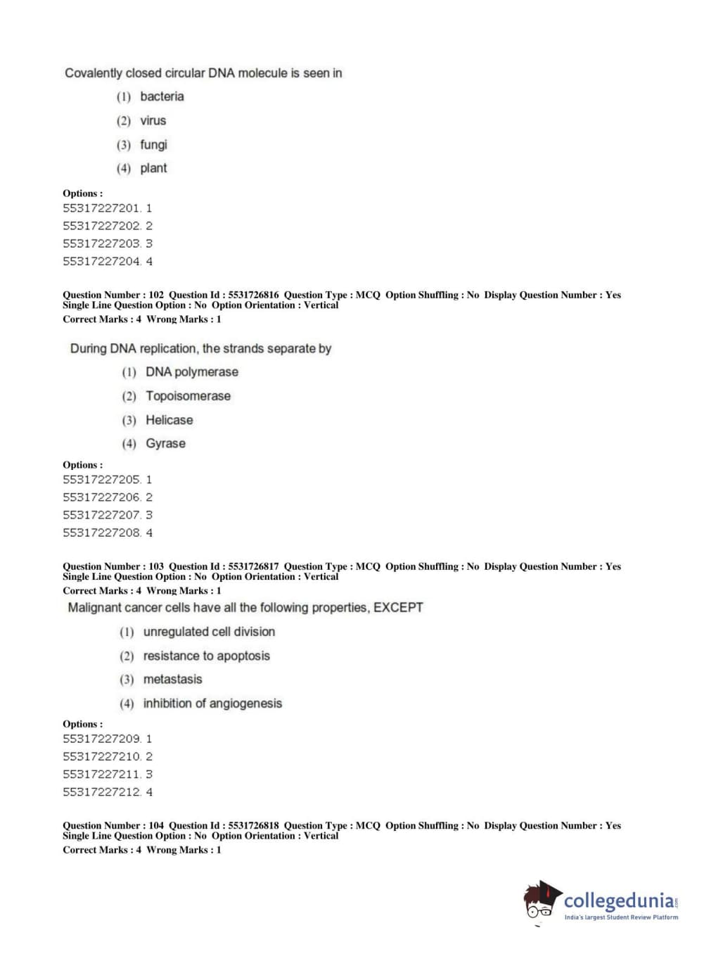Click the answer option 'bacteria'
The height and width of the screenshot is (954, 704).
pos(162,96)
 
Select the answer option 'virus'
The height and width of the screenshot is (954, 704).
pos(153,120)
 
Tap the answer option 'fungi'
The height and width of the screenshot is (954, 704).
pos(153,144)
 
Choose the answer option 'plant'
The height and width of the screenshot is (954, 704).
pos(153,168)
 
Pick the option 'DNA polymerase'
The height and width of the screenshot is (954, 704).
pos(191,372)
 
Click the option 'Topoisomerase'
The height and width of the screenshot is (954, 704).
pos(188,396)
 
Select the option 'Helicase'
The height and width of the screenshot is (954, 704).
pos(169,420)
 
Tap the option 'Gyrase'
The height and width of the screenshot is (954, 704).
pos(165,444)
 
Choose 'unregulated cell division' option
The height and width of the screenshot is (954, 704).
pos(209,632)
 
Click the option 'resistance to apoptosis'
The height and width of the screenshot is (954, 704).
pos(206,656)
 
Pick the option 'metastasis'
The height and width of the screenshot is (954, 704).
pos(172,680)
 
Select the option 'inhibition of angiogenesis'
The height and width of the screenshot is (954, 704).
pos(212,704)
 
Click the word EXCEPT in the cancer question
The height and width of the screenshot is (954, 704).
pos(398,607)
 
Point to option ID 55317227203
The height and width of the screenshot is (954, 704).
pos(102,243)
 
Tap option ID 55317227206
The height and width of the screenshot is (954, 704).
pos(102,497)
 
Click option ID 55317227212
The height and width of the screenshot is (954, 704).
pos(102,792)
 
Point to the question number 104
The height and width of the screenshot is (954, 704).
pos(156,826)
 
